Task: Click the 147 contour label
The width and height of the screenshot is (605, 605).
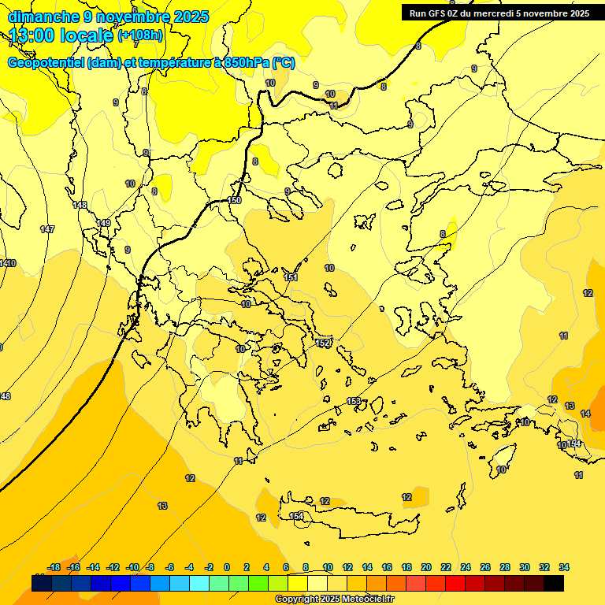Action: pos(47,229)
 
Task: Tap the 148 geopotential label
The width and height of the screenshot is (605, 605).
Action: pos(80,205)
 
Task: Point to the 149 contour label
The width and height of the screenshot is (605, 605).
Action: pos(103,223)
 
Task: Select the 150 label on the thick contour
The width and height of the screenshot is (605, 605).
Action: pos(234,200)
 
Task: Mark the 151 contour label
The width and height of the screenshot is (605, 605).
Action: pos(291,277)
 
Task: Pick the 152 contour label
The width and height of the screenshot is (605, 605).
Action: pos(323,343)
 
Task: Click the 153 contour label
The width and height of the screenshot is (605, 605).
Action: pos(354,401)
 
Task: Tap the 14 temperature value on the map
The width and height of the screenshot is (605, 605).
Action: pos(585,414)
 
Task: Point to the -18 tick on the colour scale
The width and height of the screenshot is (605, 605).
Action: pos(54,567)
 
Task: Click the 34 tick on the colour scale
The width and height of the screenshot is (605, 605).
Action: pos(564,567)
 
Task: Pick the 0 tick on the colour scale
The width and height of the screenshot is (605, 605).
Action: pos(227,567)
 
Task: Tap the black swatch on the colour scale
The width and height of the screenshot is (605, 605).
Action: pos(554,583)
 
